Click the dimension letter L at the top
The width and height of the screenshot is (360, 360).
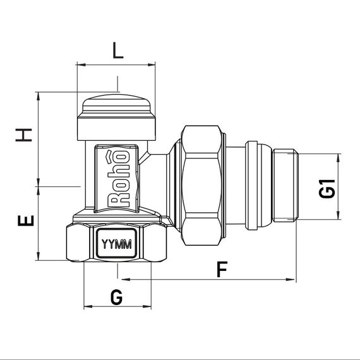117,51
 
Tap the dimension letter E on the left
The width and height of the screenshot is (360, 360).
23,221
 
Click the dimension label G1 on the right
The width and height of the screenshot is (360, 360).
327,189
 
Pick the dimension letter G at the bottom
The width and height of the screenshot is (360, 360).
117,297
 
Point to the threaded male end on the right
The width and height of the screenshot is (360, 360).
285,185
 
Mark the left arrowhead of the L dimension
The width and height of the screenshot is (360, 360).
79,64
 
